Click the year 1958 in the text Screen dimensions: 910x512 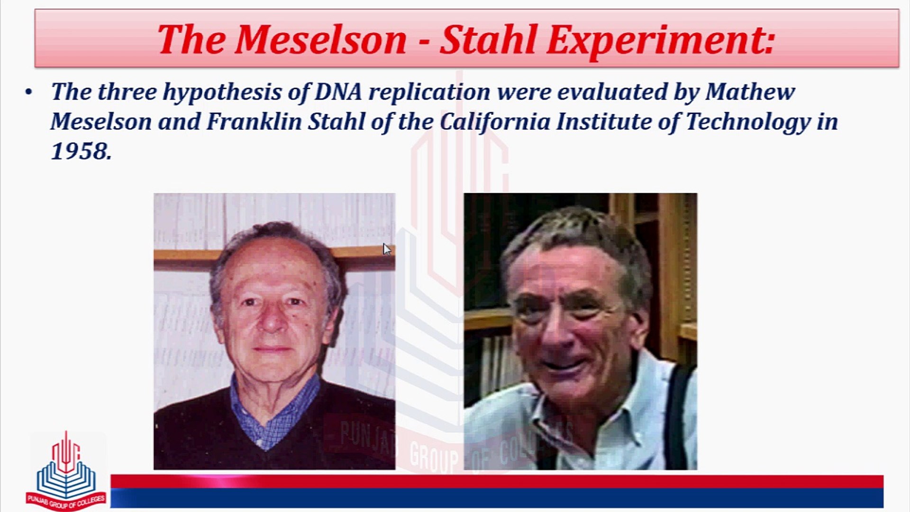tap(81, 152)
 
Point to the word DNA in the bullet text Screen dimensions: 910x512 tap(338, 91)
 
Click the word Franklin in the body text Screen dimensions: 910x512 tap(254, 121)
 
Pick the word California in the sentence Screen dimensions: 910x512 tap(494, 122)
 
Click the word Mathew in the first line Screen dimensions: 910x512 tap(750, 91)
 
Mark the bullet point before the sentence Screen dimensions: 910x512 tap(29, 92)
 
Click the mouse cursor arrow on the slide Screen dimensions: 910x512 tap(387, 249)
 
